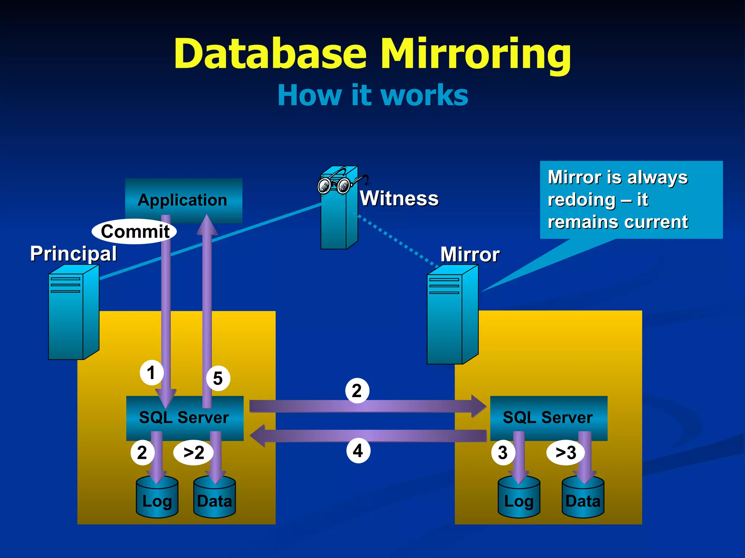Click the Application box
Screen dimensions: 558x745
pyautogui.click(x=183, y=200)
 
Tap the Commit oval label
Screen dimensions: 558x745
pyautogui.click(x=134, y=231)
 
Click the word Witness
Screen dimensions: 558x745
pyautogui.click(x=399, y=198)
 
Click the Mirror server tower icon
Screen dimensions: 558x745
pyautogui.click(x=452, y=315)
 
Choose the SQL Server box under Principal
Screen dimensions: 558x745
pyautogui.click(x=184, y=418)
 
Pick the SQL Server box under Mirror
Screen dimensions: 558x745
pyautogui.click(x=548, y=418)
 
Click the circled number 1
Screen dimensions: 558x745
pyautogui.click(x=151, y=372)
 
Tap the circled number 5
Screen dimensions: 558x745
pyautogui.click(x=218, y=378)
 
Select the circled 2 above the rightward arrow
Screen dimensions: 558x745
pyautogui.click(x=357, y=391)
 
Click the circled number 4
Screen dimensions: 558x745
pyautogui.click(x=358, y=450)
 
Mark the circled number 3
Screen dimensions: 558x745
pyautogui.click(x=503, y=453)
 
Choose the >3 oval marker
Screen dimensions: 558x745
pyautogui.click(x=566, y=453)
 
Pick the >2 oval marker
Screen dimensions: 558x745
pyautogui.click(x=194, y=453)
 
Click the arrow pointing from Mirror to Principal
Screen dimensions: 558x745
pyautogui.click(x=367, y=436)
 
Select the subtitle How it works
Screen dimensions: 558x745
pyautogui.click(x=372, y=95)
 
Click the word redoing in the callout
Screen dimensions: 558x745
pyautogui.click(x=581, y=200)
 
